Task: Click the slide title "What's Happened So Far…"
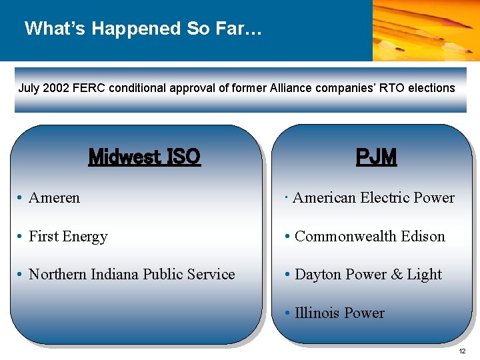click(x=143, y=29)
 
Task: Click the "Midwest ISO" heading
click(x=144, y=157)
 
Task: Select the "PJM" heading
click(x=376, y=157)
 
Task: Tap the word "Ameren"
click(x=54, y=198)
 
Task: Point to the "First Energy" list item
click(x=68, y=237)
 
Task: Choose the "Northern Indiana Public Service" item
click(x=131, y=275)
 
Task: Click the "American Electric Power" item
click(x=373, y=198)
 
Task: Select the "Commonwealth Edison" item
click(x=369, y=237)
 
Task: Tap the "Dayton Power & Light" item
click(x=368, y=275)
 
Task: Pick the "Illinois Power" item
click(x=339, y=313)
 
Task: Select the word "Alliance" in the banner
click(x=291, y=88)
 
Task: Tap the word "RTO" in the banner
click(x=393, y=88)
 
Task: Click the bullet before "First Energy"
click(x=21, y=237)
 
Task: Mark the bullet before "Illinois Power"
click(x=287, y=313)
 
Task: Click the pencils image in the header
click(x=425, y=30)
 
